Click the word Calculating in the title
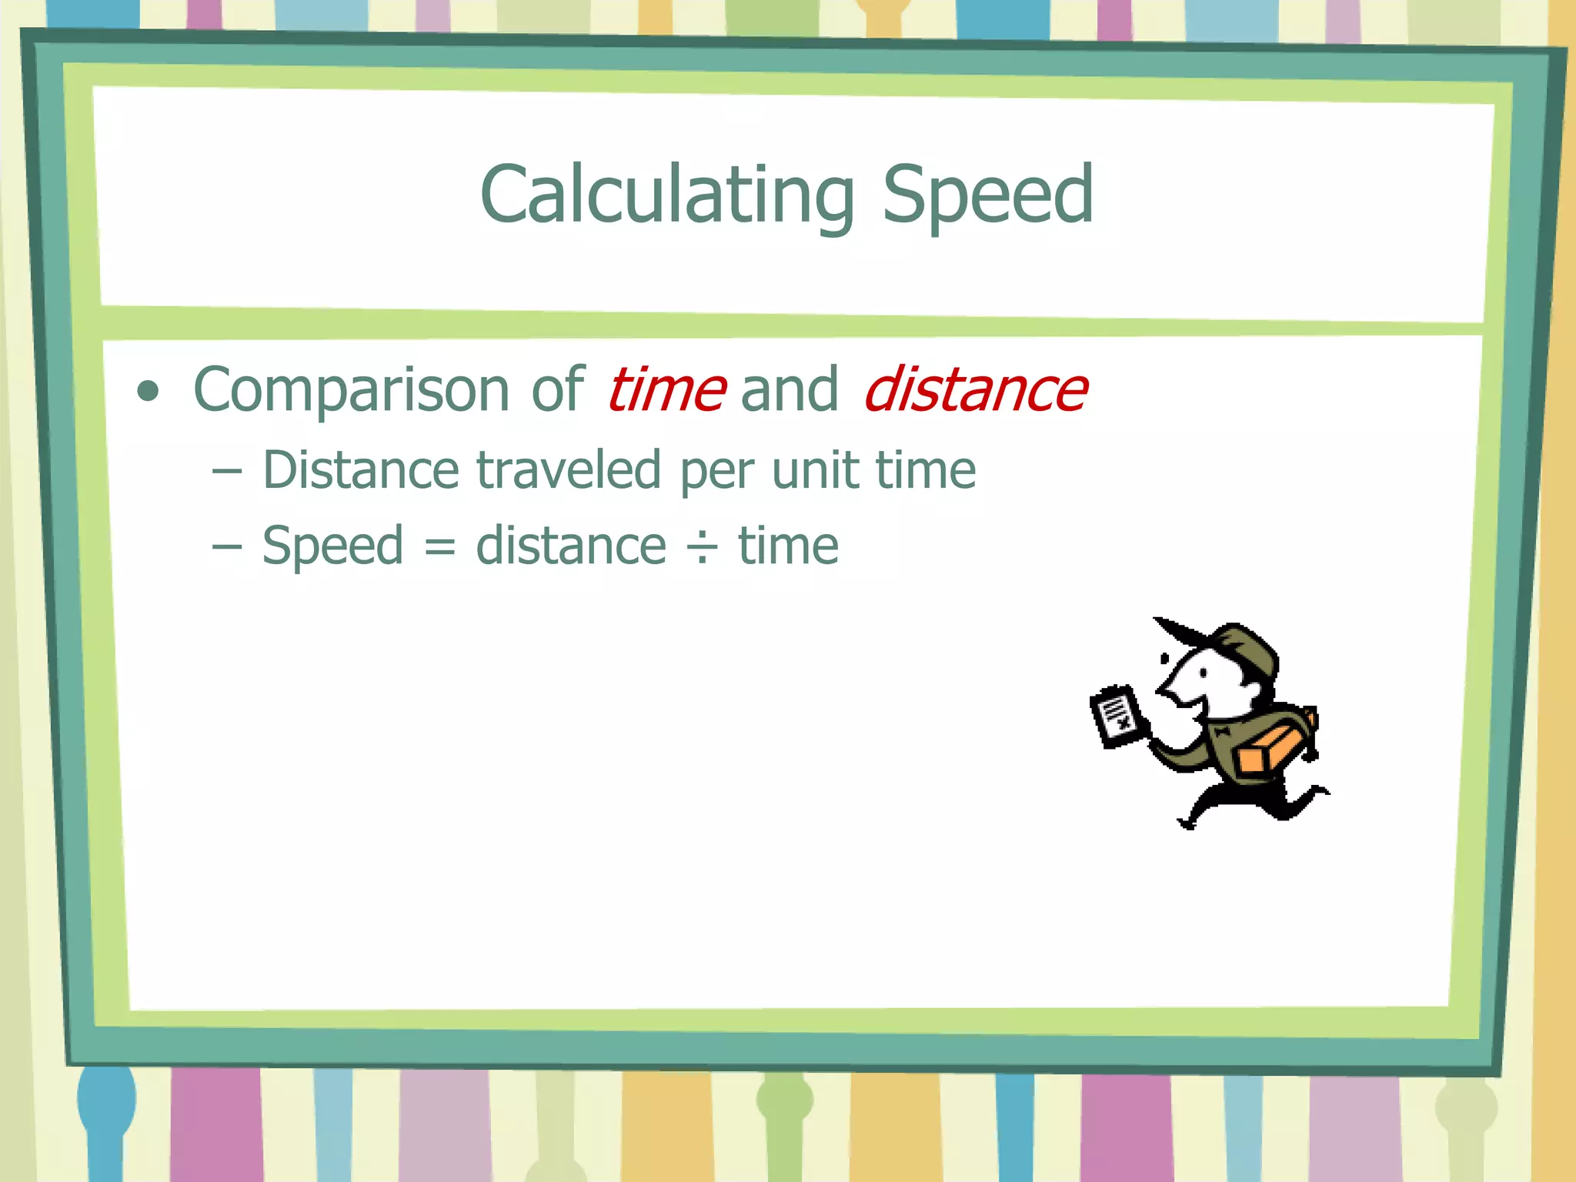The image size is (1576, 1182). [x=666, y=195]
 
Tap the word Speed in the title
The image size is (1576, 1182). [x=987, y=195]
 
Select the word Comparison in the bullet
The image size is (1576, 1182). [x=351, y=391]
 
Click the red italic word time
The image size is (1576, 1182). [x=666, y=389]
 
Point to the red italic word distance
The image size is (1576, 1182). [x=976, y=389]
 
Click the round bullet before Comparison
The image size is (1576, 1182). [x=148, y=392]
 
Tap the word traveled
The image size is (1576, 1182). [x=569, y=470]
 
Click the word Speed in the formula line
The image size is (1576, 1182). [x=332, y=546]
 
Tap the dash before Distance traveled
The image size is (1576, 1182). [x=227, y=471]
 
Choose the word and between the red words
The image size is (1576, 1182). [x=789, y=391]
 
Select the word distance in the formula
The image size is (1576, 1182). [x=570, y=546]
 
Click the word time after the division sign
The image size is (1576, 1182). [x=788, y=546]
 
